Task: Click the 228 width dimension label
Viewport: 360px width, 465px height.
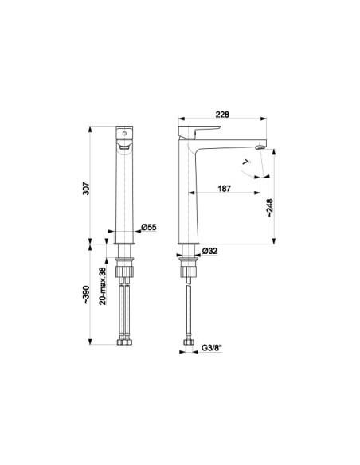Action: (222, 115)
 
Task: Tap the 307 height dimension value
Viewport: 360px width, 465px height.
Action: (86, 189)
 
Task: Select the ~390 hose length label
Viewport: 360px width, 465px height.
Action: (86, 295)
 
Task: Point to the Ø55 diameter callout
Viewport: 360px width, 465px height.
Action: (149, 228)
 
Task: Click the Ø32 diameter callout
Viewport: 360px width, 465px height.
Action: (209, 251)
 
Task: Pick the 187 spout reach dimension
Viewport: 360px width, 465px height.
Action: (224, 189)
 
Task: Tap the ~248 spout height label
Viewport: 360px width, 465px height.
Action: (269, 208)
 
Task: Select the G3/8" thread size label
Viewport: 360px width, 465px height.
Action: (212, 348)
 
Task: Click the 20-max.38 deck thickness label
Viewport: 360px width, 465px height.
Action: (102, 286)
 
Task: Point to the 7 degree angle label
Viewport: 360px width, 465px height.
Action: (246, 162)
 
